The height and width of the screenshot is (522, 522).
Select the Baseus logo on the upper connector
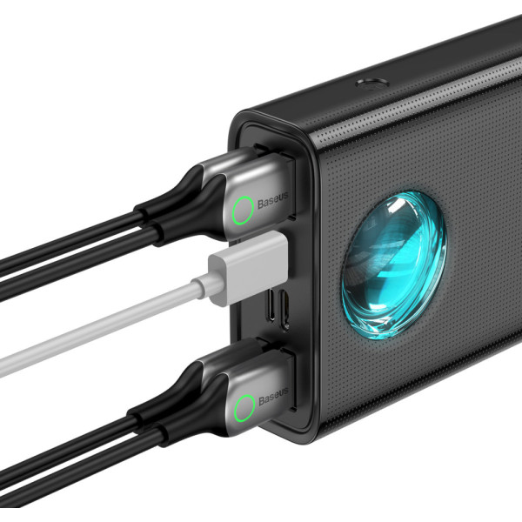pos(273,200)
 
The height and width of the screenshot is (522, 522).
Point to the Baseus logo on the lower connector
pos(273,396)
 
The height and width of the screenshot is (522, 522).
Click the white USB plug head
pos(248,268)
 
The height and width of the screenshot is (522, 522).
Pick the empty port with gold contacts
pos(284,311)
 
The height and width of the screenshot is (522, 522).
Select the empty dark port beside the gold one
pos(271,304)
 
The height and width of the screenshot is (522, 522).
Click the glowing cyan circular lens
pos(394,265)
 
